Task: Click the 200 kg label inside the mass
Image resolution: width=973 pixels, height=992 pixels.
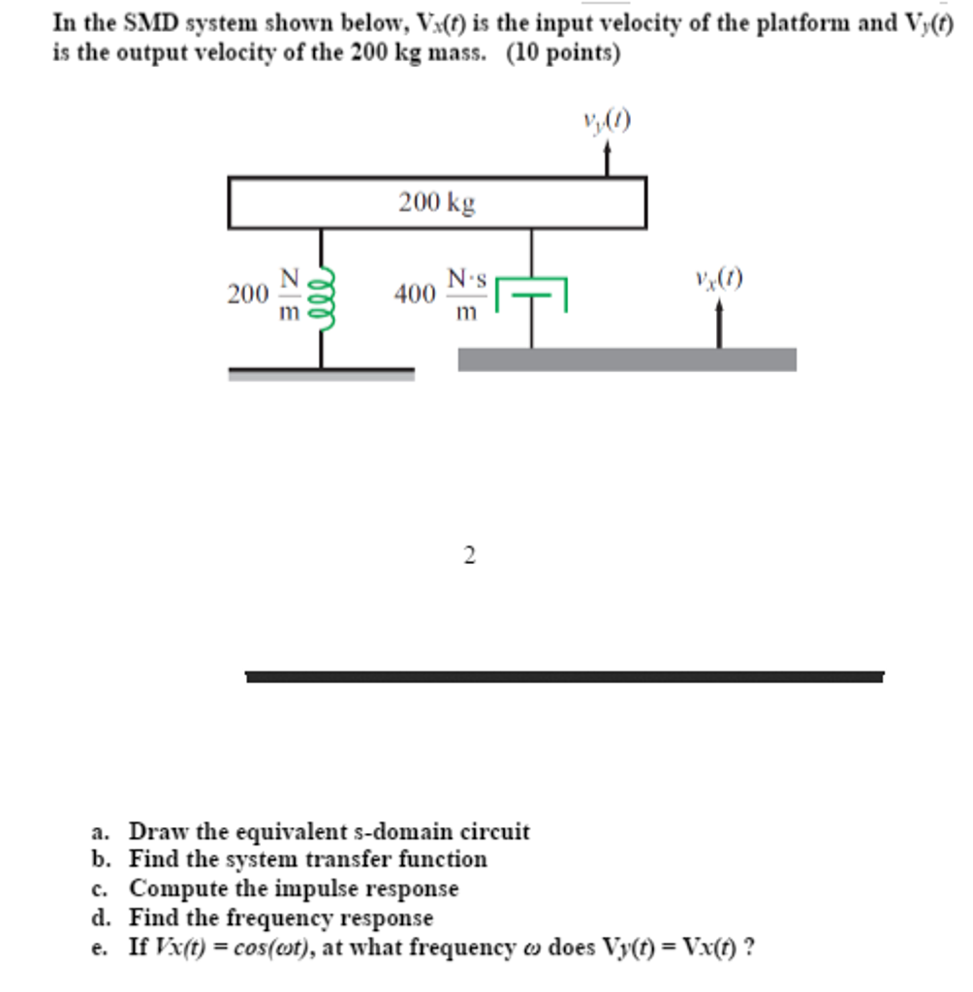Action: point(437,202)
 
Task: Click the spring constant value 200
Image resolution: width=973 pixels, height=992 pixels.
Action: point(246,294)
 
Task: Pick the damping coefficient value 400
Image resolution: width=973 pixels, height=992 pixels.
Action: point(414,294)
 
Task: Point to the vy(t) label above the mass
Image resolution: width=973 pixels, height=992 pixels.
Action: point(607,120)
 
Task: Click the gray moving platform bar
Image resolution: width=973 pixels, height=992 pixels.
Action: point(627,359)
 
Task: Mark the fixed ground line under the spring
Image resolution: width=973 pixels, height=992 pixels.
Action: point(321,372)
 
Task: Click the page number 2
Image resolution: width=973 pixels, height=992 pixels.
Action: point(470,555)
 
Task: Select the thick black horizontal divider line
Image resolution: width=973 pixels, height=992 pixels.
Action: point(564,676)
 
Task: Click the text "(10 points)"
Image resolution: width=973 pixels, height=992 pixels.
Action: point(563,53)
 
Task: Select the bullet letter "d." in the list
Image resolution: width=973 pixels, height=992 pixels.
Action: point(100,916)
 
